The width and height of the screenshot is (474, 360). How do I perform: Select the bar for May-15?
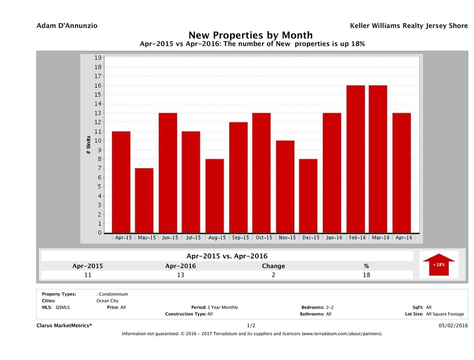point(144,201)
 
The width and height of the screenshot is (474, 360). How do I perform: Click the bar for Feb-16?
point(355,159)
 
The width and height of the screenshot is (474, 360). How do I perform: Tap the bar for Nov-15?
point(285,187)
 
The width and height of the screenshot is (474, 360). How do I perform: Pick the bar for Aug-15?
point(215,196)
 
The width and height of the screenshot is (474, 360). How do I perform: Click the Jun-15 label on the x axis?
point(169,238)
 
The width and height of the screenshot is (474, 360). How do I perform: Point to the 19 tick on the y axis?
point(98,58)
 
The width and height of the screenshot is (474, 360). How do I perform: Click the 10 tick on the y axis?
point(98,141)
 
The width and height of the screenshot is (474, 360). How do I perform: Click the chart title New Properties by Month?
point(250,35)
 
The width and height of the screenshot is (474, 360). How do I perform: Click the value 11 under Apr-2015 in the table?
point(87,275)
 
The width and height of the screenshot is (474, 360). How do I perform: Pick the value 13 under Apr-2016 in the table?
point(181,275)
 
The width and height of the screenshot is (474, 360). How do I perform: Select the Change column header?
point(273,266)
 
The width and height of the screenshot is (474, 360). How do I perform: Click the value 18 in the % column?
point(366,275)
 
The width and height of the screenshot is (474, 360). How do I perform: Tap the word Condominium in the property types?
point(113,294)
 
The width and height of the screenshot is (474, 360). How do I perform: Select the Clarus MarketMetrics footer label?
point(64,326)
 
